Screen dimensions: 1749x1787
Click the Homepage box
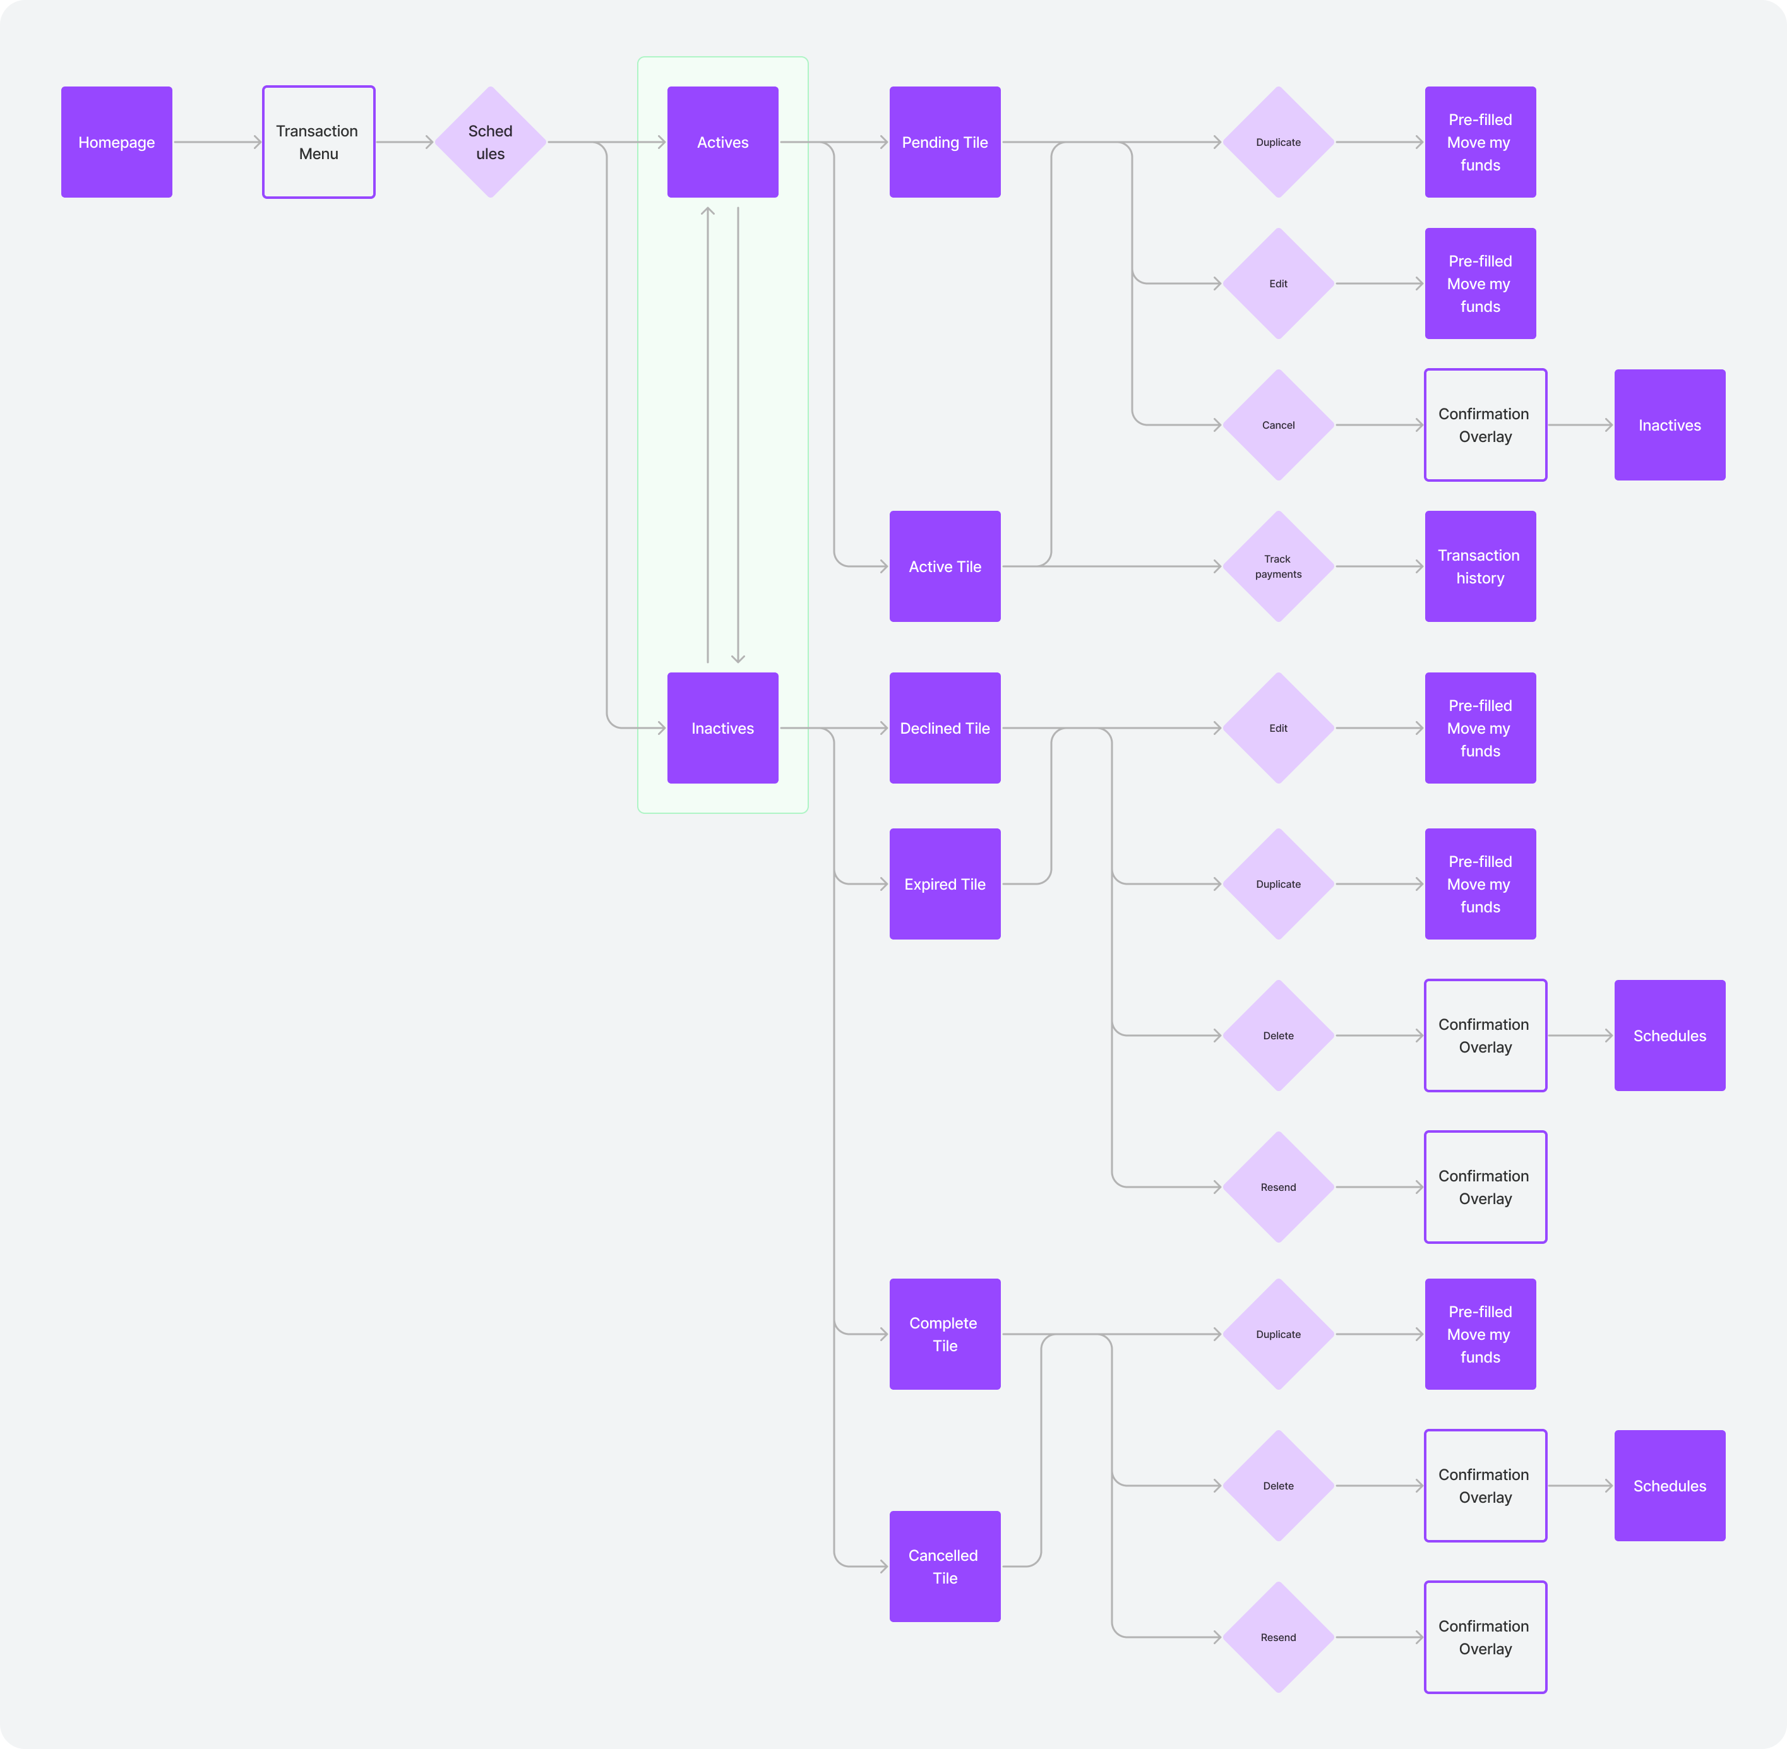[117, 142]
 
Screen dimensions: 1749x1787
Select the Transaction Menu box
[319, 142]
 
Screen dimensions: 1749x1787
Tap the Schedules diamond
[491, 142]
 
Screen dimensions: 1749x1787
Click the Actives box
[722, 142]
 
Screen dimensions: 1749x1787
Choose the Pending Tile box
[945, 142]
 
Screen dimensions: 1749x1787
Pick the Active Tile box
[945, 567]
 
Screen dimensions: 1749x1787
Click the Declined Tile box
[945, 729]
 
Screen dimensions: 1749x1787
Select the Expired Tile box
[945, 884]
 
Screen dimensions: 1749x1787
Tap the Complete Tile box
[945, 1334]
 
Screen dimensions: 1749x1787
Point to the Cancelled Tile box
[945, 1566]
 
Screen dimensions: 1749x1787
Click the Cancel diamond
[1278, 426]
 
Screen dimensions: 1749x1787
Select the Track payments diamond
[1278, 567]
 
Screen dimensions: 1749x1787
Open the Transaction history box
[1480, 567]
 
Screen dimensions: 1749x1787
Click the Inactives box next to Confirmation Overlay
[1670, 426]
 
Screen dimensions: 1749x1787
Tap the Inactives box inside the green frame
[722, 729]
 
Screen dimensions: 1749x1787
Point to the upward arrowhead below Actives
[707, 212]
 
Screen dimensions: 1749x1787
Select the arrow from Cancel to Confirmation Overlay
[1378, 426]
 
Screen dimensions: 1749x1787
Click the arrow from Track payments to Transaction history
[1378, 567]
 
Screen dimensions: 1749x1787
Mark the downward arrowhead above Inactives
[738, 658]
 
